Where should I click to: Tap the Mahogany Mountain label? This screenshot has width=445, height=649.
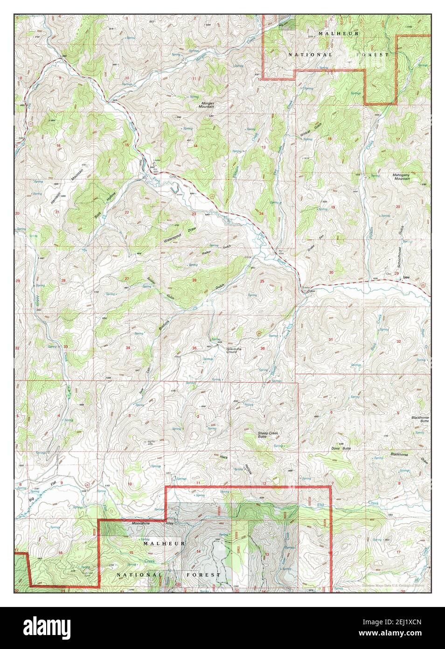(401, 176)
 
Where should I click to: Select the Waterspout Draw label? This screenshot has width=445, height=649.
(174, 236)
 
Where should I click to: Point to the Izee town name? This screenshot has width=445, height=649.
(406, 277)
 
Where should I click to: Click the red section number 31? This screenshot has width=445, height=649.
(331, 339)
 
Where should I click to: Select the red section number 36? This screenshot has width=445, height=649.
(263, 348)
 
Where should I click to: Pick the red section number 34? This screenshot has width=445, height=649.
(127, 348)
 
